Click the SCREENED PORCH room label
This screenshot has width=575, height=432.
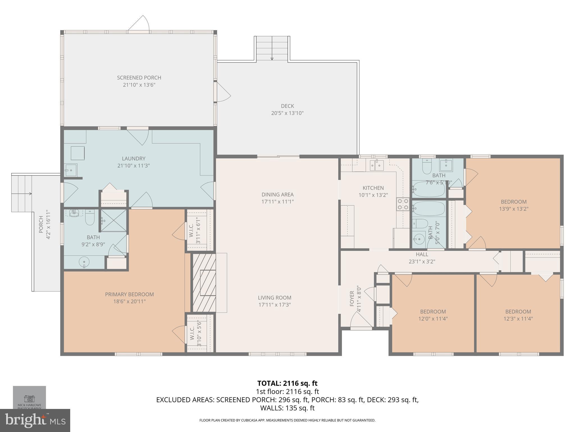[139, 78]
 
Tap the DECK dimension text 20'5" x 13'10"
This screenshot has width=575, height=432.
[287, 113]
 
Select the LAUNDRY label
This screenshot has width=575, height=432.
[133, 159]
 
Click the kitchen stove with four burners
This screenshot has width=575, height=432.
[403, 204]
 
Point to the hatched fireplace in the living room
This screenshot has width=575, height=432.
[204, 282]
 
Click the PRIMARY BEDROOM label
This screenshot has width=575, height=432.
[129, 294]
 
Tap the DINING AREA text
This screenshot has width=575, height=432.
[277, 195]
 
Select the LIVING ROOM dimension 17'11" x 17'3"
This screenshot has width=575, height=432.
[274, 305]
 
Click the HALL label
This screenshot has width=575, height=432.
[422, 255]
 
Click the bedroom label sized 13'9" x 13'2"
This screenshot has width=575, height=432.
[514, 202]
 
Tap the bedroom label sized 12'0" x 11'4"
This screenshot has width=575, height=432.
[433, 312]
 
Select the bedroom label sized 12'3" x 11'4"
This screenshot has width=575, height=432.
[518, 312]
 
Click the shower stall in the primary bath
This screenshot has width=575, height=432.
[114, 220]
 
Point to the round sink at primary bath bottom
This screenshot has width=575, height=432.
[84, 262]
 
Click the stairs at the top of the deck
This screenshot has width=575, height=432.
[272, 48]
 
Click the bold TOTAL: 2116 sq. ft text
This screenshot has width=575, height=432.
[287, 383]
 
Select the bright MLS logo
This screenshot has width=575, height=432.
[35, 420]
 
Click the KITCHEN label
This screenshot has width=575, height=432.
[373, 188]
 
